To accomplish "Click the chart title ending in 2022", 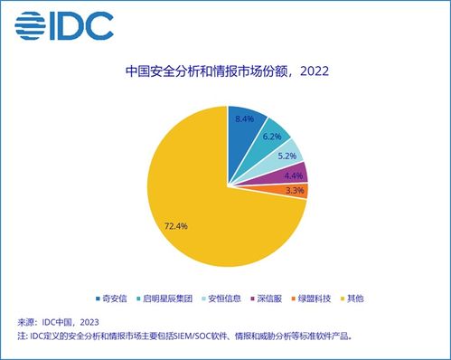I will click(226, 71).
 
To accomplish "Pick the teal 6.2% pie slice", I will click(274, 137).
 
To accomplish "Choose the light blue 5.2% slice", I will click(287, 156).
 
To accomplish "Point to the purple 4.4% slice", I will click(294, 174).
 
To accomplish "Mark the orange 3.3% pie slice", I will click(296, 190).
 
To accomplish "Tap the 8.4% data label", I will click(243, 118).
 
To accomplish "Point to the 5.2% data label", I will click(285, 156).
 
